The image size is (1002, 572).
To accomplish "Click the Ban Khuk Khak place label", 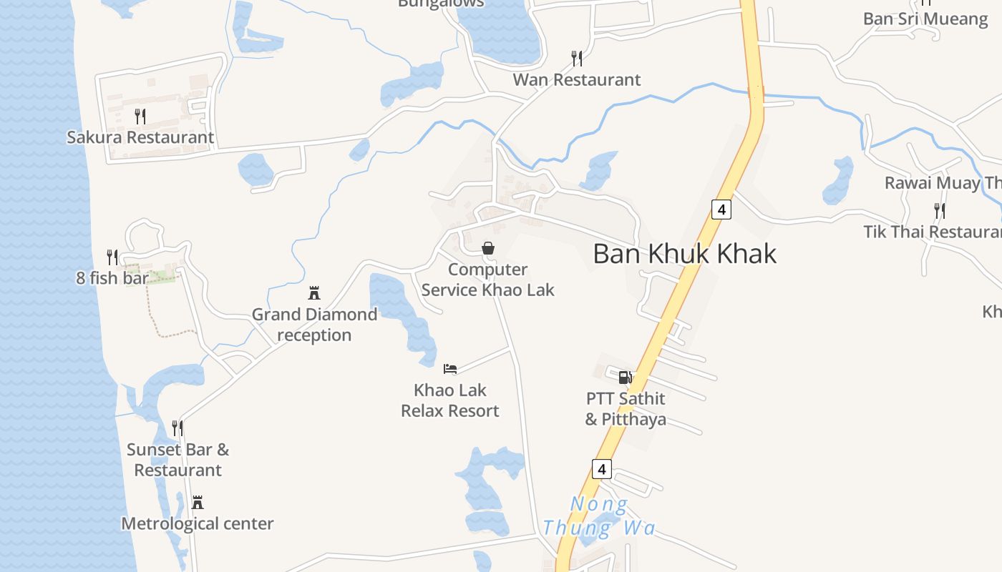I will click(684, 254).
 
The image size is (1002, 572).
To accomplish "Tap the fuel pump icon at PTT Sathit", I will click(625, 377).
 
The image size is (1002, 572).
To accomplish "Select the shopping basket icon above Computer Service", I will click(488, 248).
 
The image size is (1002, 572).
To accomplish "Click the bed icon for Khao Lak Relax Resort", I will click(450, 369).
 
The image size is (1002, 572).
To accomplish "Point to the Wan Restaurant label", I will click(576, 79).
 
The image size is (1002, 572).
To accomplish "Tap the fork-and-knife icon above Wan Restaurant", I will click(576, 58).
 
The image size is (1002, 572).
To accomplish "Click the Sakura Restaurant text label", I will click(140, 137).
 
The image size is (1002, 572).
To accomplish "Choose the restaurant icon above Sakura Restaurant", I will click(140, 116).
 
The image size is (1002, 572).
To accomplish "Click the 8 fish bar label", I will click(112, 277).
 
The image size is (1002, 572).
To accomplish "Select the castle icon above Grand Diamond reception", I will click(313, 292).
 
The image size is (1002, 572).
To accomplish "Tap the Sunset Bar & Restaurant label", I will click(178, 460).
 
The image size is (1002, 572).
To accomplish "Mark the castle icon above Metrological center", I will click(198, 503).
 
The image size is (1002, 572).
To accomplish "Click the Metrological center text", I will click(198, 523).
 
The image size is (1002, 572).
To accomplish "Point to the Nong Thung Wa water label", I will click(598, 517).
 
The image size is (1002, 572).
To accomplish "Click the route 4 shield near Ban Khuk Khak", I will click(721, 209).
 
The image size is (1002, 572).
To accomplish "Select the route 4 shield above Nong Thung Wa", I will click(602, 469).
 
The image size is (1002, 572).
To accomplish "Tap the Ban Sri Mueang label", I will click(925, 19).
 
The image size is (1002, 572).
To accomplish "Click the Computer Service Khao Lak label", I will click(488, 280).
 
